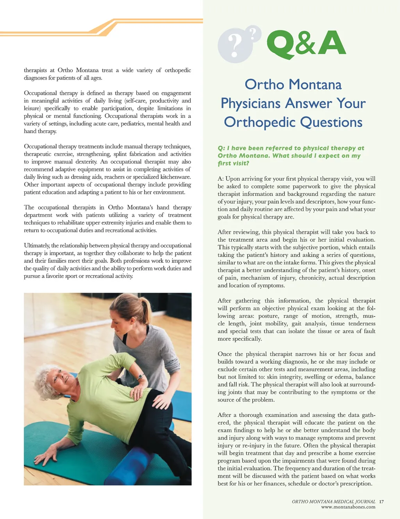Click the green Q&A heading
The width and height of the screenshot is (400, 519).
tap(306, 43)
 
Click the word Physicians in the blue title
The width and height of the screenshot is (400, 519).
tap(250, 103)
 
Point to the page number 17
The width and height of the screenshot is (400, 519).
tap(381, 501)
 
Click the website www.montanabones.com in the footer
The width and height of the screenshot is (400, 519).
tap(348, 507)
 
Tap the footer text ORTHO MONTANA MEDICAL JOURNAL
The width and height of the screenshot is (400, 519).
tap(333, 501)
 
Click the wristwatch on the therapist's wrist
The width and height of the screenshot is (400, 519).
tap(139, 378)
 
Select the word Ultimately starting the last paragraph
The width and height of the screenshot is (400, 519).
tap(37, 245)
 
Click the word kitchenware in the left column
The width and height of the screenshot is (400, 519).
tap(176, 177)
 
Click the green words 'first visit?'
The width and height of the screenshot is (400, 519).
tap(233, 164)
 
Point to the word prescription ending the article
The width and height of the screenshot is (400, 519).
tap(356, 483)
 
